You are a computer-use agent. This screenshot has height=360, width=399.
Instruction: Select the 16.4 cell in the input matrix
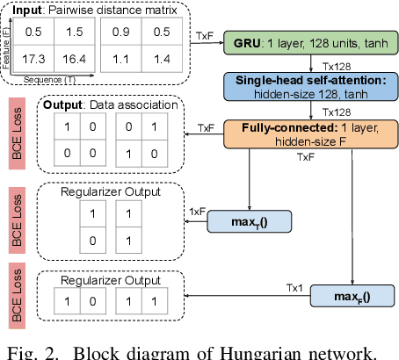(x=75, y=60)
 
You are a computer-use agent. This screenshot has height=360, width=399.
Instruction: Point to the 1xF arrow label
(x=198, y=211)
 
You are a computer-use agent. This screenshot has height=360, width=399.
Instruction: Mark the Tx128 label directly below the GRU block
(x=336, y=64)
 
